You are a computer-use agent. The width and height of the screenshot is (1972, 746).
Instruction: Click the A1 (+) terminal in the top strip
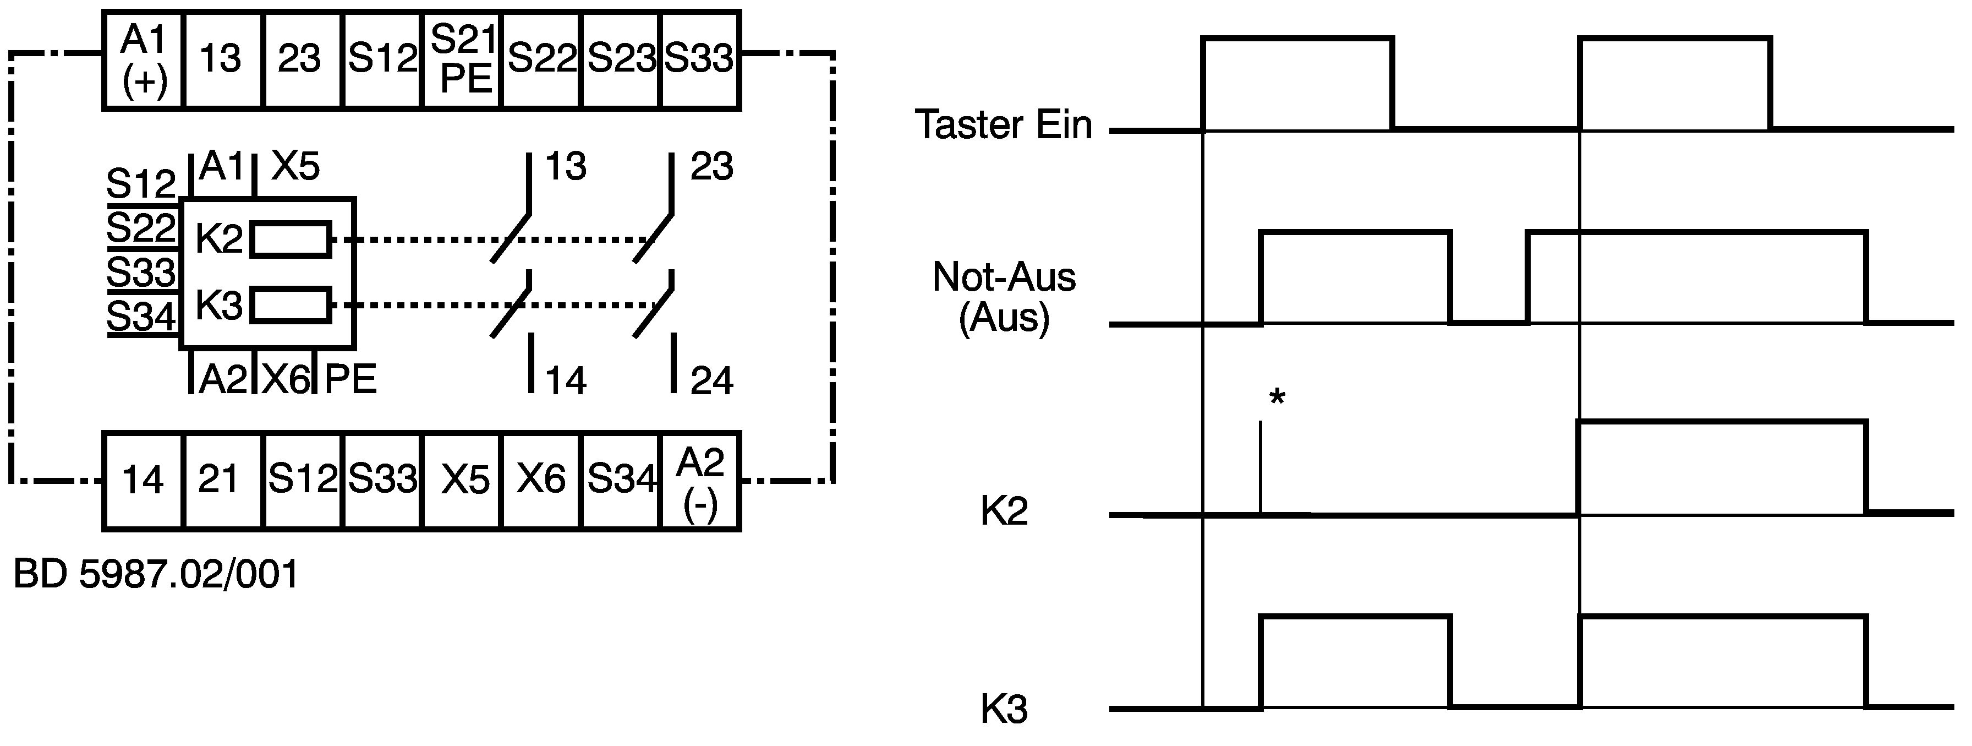point(144,61)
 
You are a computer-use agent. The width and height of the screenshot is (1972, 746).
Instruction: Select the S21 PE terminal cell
point(462,61)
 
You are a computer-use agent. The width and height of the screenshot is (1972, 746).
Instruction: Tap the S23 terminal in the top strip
point(621,61)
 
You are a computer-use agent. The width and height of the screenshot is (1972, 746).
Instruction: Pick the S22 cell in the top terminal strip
point(542,61)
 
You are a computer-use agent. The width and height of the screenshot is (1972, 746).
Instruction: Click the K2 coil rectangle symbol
point(291,239)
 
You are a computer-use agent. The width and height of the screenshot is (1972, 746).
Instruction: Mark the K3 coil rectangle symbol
point(291,306)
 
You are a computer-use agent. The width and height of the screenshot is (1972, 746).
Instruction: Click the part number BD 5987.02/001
point(156,574)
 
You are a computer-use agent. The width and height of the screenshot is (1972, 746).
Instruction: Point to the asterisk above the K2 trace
point(1277,397)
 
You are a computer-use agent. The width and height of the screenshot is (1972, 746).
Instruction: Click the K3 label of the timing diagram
point(1004,710)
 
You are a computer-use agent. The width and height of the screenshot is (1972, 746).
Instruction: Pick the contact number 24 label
point(712,380)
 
